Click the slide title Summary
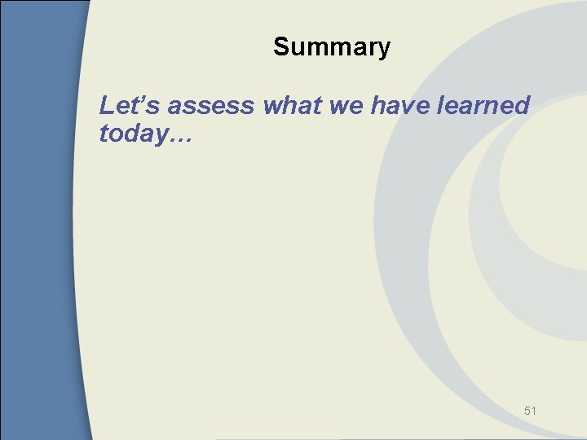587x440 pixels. coord(332,47)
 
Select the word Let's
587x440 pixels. coord(122,105)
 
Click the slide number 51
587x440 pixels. coord(530,411)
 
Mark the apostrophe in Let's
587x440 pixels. coord(135,99)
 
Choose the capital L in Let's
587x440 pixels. coord(106,105)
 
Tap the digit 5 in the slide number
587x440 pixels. coord(527,411)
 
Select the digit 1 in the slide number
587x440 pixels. coord(534,411)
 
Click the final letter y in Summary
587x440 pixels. coord(384,50)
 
